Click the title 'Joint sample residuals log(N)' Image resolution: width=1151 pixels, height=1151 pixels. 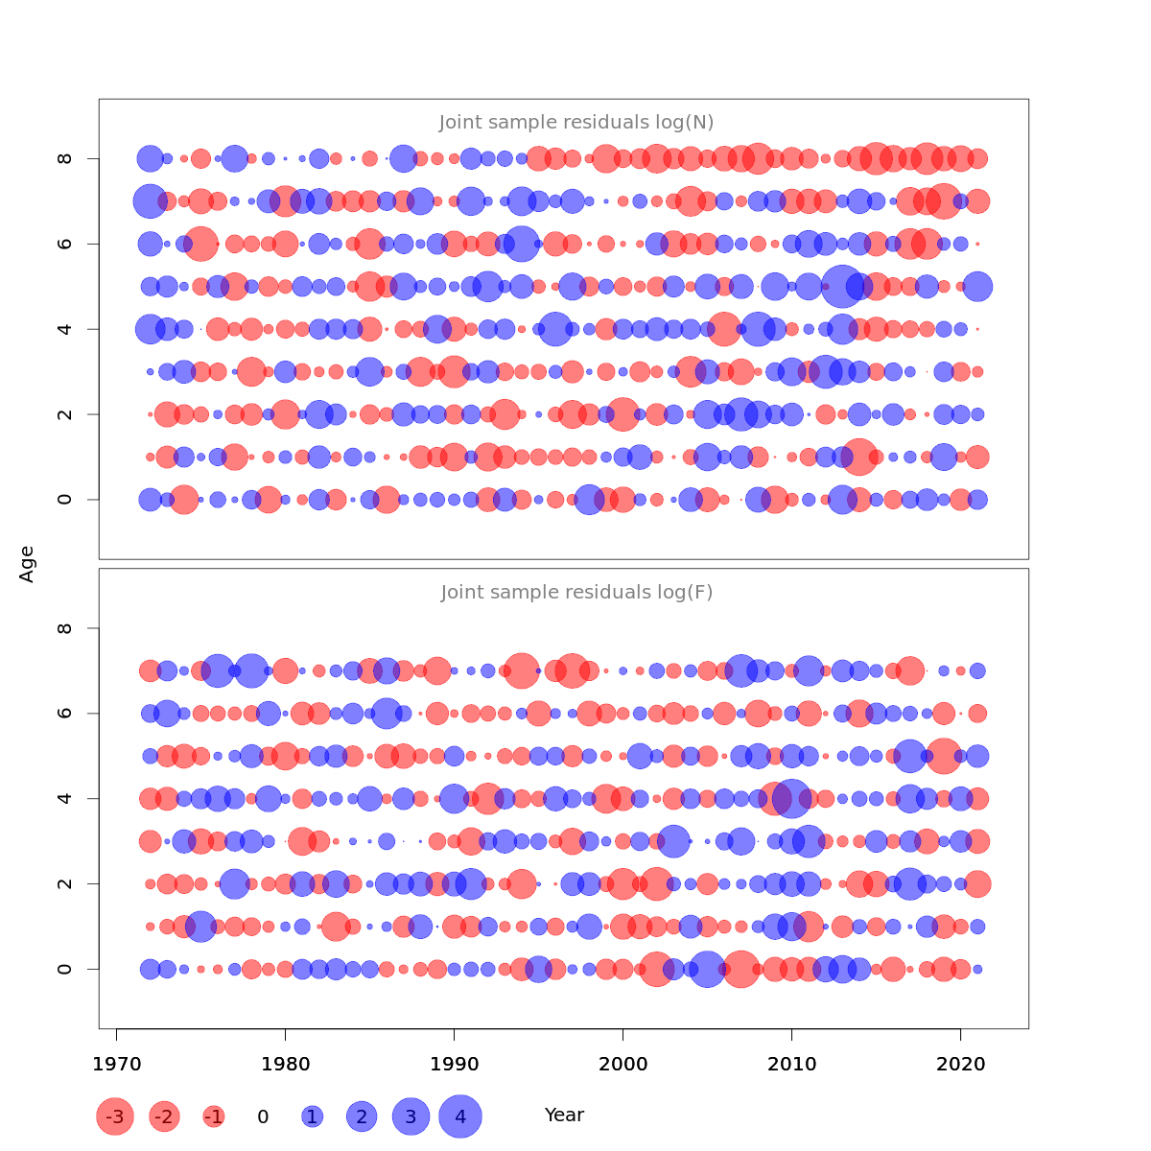point(576,123)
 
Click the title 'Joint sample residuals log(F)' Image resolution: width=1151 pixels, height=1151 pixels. point(576,593)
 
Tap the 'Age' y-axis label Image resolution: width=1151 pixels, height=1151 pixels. point(27,564)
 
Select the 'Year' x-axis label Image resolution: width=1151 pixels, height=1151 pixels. point(564,1116)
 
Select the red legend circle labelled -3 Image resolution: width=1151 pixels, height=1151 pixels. point(115,1116)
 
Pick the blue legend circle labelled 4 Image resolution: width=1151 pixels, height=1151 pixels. point(460,1116)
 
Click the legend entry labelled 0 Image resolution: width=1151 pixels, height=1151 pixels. point(263,1116)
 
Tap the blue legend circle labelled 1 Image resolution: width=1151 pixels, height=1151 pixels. point(312,1116)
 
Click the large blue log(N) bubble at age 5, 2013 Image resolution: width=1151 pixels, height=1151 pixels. point(842,287)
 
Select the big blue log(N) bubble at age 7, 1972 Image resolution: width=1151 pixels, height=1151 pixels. point(150,201)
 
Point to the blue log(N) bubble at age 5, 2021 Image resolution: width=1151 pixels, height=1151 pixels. point(977,286)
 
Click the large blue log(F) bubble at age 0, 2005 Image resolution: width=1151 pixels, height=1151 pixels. point(707,969)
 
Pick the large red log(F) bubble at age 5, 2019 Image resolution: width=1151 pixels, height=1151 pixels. point(943,756)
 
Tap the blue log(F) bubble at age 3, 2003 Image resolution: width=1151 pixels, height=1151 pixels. point(673,841)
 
